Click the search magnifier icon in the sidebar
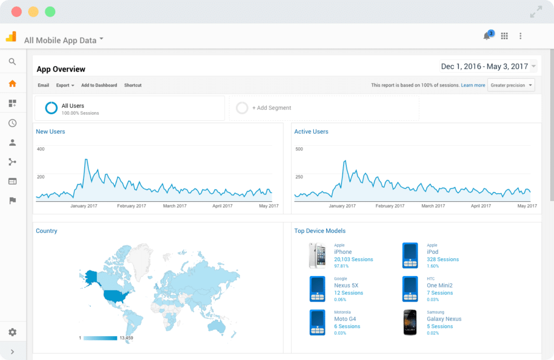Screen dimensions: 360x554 point(12,62)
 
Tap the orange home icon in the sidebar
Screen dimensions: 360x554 point(12,83)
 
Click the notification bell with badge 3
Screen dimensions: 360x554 point(487,36)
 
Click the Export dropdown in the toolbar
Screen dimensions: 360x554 point(65,86)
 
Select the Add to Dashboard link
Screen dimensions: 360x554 point(99,86)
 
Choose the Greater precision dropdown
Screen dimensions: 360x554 point(511,86)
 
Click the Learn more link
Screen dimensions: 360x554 point(473,86)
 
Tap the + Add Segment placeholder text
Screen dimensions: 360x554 point(272,108)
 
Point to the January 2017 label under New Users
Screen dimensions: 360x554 point(84,206)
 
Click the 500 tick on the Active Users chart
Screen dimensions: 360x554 point(299,149)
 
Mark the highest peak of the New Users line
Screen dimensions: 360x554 point(85,160)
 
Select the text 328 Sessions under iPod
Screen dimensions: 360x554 point(443,259)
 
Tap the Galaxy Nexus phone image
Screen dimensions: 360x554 point(410,322)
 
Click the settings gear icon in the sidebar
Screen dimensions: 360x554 point(12,332)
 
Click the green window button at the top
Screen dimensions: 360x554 point(50,11)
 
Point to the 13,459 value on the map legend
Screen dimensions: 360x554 point(126,338)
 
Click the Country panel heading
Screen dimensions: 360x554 point(47,231)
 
